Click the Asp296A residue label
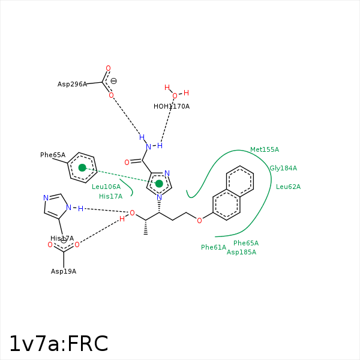(72, 84)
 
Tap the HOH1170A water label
(171, 106)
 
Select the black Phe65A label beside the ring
(53, 155)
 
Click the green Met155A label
(264, 149)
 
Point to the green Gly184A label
(283, 168)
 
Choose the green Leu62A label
(288, 187)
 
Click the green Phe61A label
(214, 247)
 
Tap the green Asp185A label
(241, 252)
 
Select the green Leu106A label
(106, 187)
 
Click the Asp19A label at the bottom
(64, 271)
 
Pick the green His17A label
(110, 196)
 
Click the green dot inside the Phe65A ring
(82, 167)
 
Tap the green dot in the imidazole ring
(159, 183)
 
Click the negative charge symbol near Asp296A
(113, 81)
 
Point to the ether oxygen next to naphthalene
(199, 220)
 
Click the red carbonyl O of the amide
(127, 162)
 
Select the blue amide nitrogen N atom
(148, 147)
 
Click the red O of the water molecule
(175, 96)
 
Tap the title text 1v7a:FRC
(58, 344)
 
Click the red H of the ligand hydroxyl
(122, 219)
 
